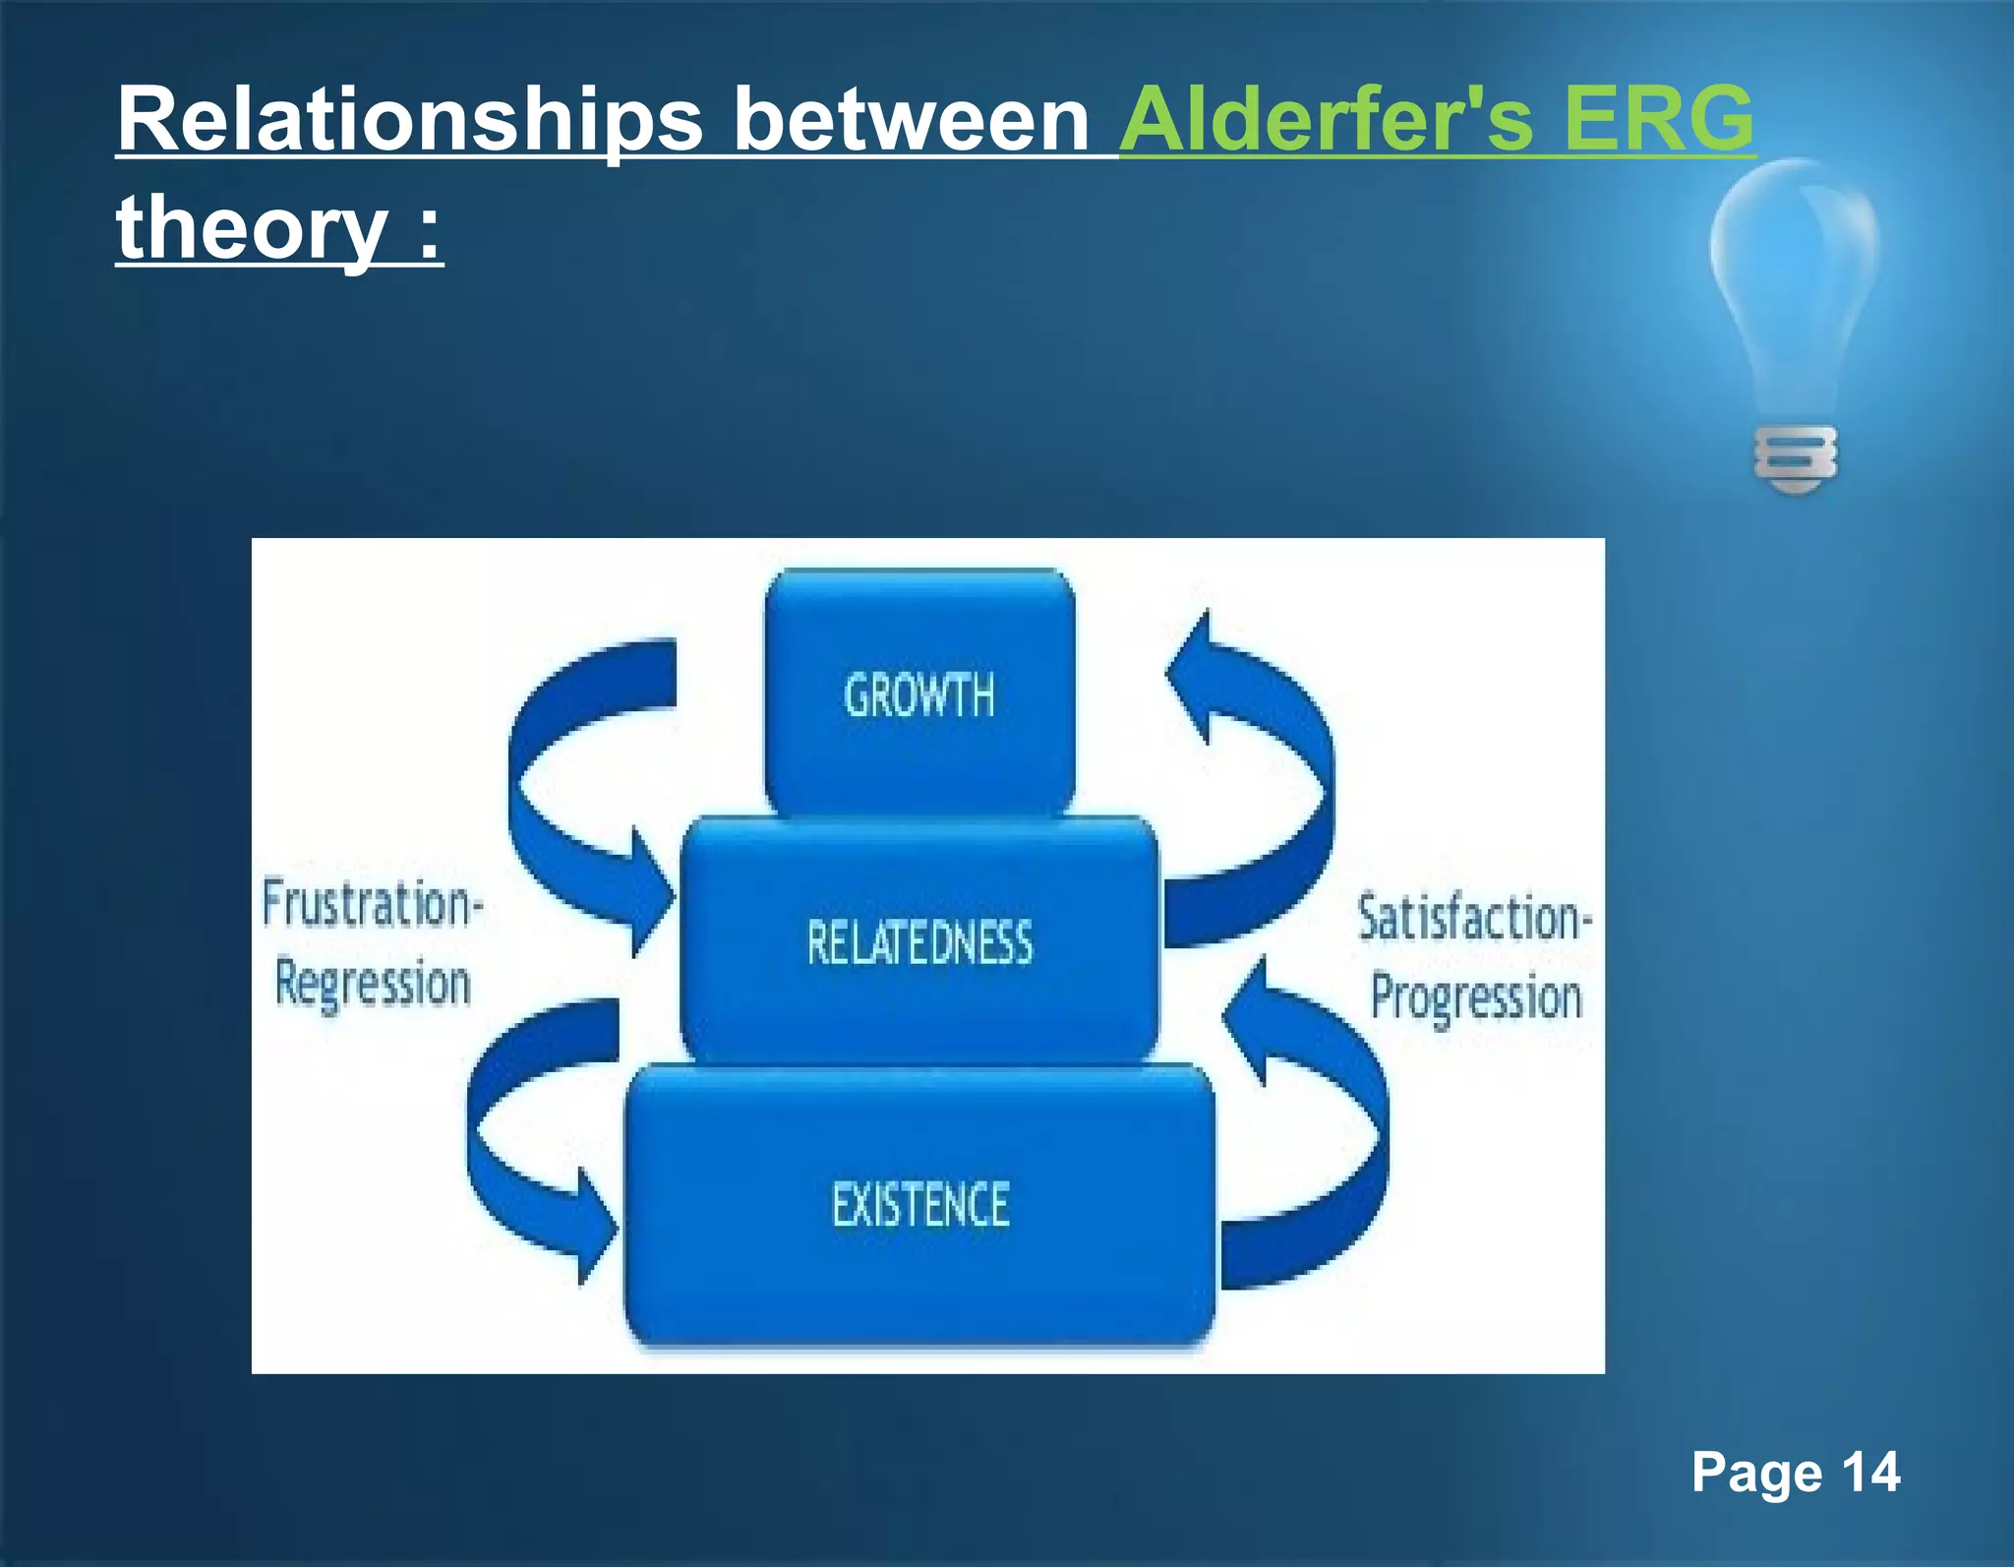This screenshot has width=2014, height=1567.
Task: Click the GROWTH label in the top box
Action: tap(919, 695)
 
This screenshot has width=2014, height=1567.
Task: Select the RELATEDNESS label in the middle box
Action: tap(919, 942)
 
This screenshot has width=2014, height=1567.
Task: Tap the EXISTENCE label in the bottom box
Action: tap(920, 1204)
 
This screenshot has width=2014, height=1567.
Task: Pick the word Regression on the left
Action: tap(373, 984)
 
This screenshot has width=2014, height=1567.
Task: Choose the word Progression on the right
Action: tap(1476, 997)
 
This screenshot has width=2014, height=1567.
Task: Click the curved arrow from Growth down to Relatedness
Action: tap(536, 787)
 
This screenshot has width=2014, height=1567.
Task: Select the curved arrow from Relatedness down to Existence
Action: tap(492, 1131)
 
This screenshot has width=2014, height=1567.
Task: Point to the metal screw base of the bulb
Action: tap(1796, 459)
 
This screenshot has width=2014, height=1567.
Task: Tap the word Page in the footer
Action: tap(1756, 1474)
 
